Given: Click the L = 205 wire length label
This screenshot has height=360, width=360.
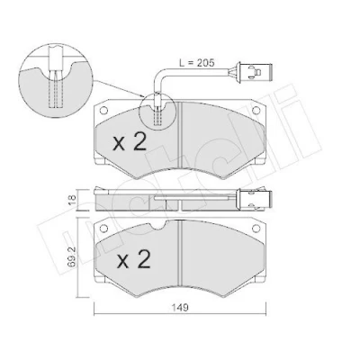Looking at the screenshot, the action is [x=196, y=63].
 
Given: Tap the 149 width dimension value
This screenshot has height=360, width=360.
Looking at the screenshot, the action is [x=180, y=307].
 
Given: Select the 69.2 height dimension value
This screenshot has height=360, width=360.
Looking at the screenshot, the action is [x=71, y=256].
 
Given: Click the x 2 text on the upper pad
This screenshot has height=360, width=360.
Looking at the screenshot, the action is [x=130, y=142].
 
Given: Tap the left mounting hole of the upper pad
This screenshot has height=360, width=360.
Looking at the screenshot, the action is [x=103, y=111].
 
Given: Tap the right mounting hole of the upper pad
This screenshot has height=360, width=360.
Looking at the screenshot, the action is [x=256, y=111].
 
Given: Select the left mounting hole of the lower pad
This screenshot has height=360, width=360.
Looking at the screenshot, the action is [x=103, y=229].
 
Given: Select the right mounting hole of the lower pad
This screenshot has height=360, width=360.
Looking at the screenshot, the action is [x=256, y=229].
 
